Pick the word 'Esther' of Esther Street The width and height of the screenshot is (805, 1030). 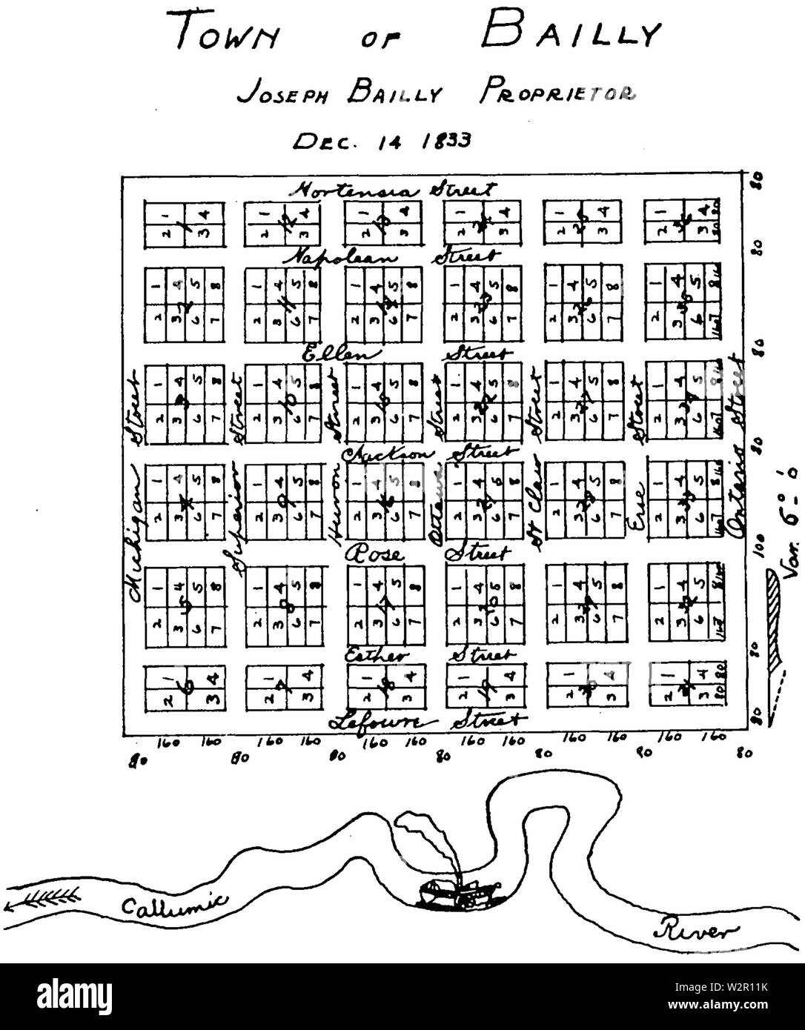pyautogui.click(x=377, y=655)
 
